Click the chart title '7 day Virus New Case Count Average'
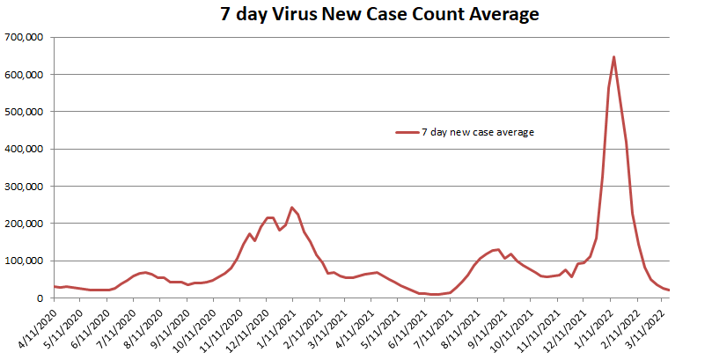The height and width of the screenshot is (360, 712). (367, 15)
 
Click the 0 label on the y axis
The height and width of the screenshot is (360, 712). (45, 298)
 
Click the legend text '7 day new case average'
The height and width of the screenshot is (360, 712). (478, 132)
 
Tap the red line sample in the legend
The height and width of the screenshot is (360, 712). (407, 132)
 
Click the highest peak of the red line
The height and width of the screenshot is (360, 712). (613, 57)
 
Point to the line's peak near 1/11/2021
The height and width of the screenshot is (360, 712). (292, 208)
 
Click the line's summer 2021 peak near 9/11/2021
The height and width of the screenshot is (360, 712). (498, 249)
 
